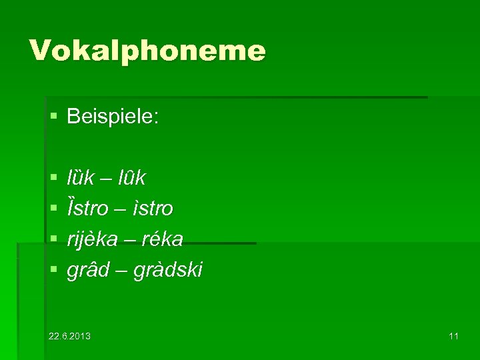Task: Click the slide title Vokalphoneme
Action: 147,50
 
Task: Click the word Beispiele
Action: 113,118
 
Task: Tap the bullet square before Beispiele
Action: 53,118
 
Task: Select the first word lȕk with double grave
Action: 81,178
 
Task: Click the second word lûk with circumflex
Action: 131,178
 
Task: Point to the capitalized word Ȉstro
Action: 87,209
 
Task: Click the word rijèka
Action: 95,239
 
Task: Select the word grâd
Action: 85,270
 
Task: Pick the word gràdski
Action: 166,270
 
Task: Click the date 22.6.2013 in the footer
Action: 70,335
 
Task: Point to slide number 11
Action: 453,335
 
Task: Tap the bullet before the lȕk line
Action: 53,178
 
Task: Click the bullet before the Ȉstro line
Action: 53,209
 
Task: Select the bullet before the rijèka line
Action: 53,239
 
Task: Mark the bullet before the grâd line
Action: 53,270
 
